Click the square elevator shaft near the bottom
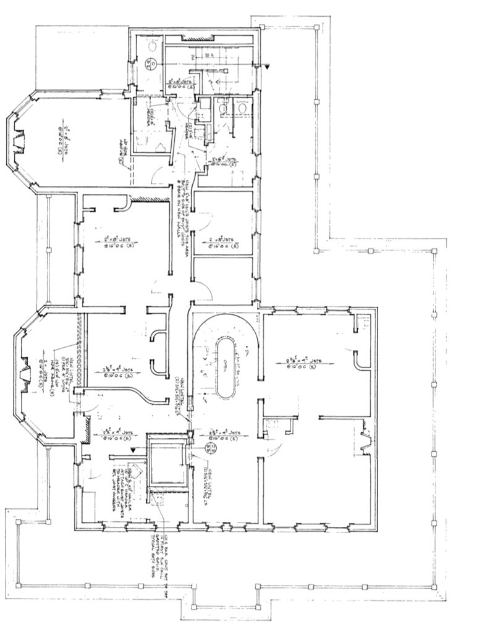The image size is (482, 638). coord(166,463)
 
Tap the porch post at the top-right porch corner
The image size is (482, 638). coord(317,27)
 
